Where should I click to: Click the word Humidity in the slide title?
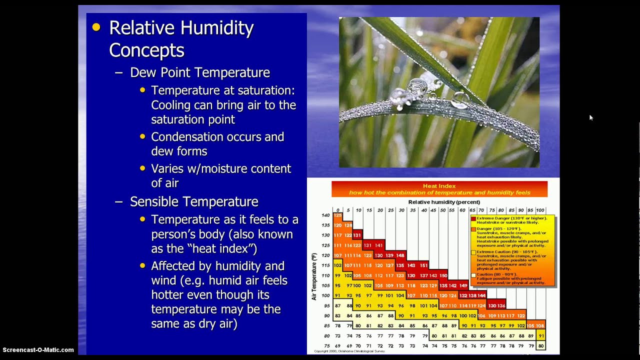[x=217, y=28]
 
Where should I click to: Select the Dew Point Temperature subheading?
[x=200, y=72]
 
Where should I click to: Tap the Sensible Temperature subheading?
[x=194, y=201]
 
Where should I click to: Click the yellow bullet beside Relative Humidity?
[x=96, y=27]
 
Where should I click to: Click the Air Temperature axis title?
[x=314, y=276]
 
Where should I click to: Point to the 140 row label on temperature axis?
[x=325, y=215]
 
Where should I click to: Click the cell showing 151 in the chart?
[x=423, y=265]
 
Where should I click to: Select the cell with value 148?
[x=400, y=255]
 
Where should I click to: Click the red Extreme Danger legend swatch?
[x=473, y=218]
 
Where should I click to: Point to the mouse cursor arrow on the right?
[x=590, y=117]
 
